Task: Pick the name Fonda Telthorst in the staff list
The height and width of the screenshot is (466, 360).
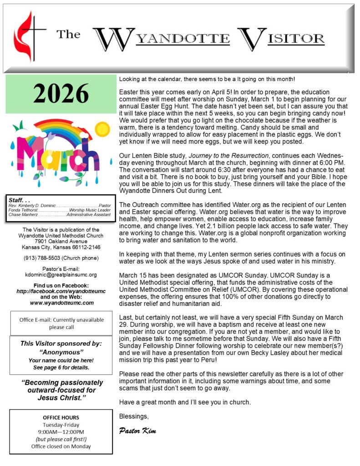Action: (23, 210)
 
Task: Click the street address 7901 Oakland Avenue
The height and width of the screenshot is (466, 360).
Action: (61, 241)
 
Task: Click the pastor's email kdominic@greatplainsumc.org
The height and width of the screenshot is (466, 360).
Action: (61, 275)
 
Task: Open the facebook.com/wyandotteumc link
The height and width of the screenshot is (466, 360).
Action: (61, 291)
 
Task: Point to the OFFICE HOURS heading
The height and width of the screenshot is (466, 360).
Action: (61, 417)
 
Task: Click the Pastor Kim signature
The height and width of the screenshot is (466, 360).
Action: (137, 431)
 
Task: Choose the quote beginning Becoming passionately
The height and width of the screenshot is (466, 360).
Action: (61, 390)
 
